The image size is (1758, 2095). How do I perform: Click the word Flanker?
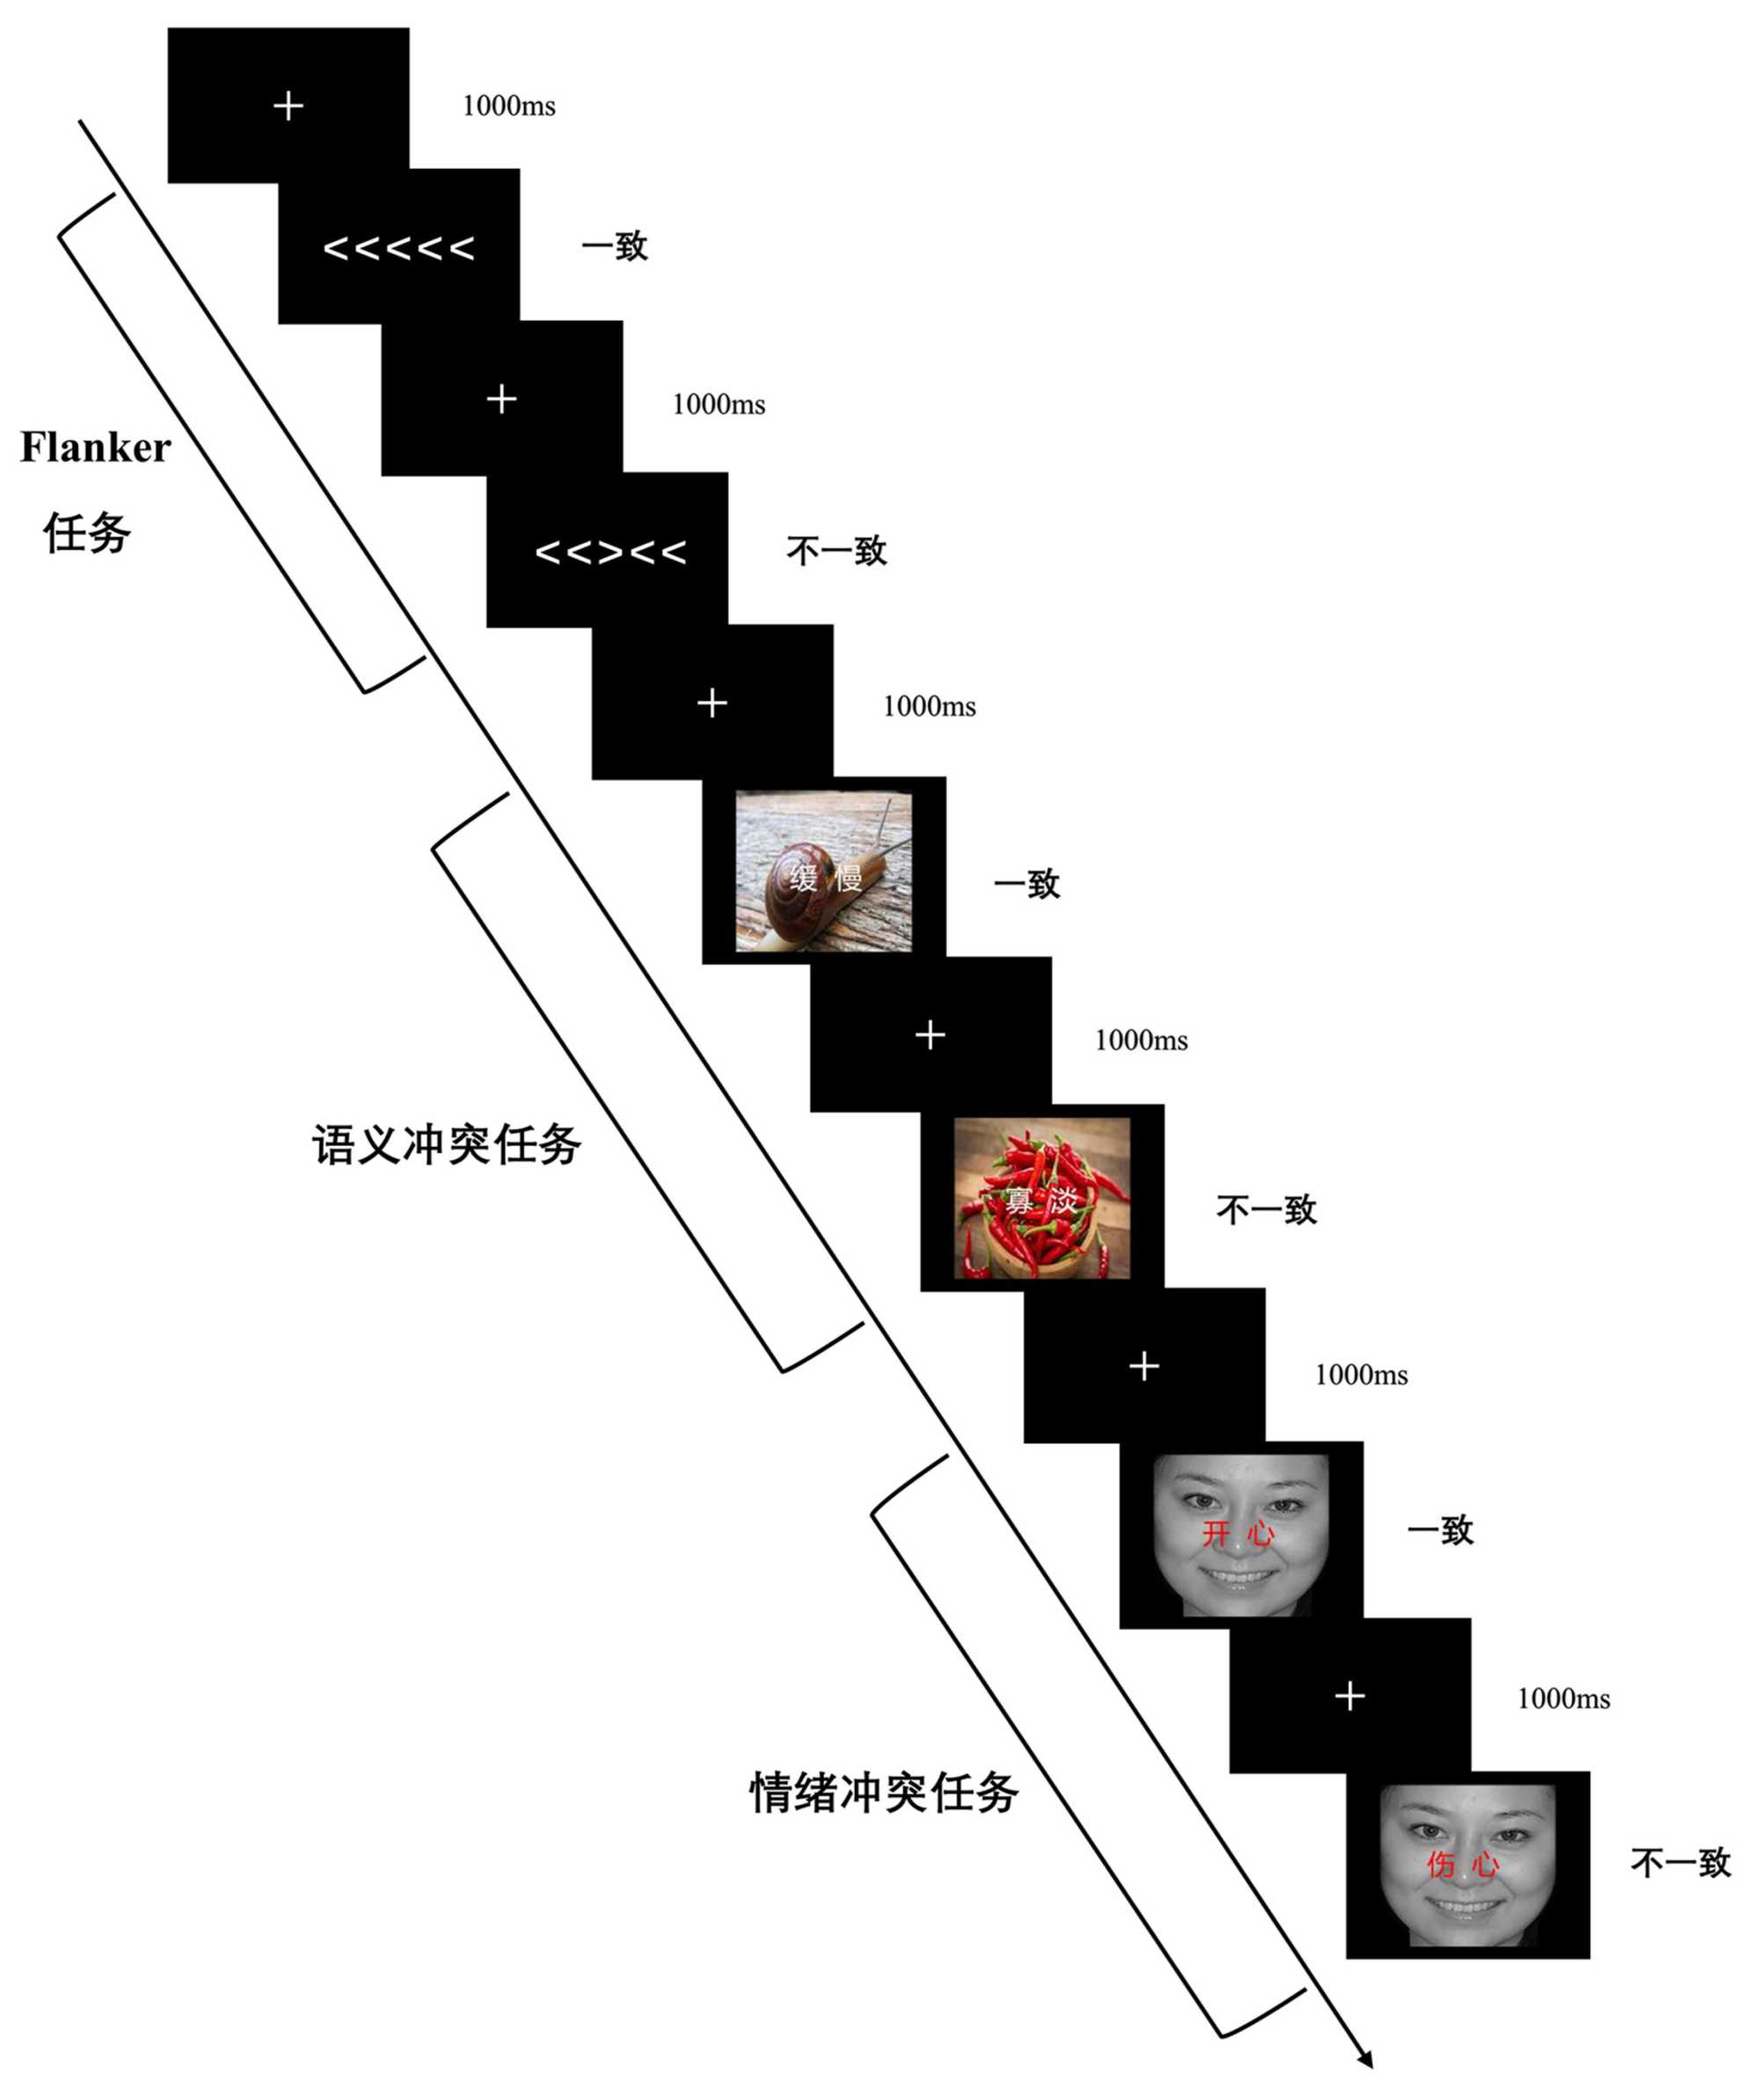[x=96, y=448]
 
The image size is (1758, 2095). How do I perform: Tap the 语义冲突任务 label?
[x=446, y=1144]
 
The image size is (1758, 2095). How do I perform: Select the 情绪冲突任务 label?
[x=883, y=1792]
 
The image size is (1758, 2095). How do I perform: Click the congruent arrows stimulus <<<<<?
[x=399, y=247]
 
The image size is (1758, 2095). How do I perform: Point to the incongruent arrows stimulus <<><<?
[x=610, y=551]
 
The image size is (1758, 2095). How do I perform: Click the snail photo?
[x=823, y=871]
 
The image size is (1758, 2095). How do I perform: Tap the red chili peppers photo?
[x=1041, y=1198]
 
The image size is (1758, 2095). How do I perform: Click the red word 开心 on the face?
[x=1238, y=1533]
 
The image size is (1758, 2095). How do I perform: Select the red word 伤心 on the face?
[x=1463, y=1865]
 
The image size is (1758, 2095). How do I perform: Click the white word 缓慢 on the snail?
[x=825, y=879]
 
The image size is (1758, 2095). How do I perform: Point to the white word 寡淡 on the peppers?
[x=1040, y=1201]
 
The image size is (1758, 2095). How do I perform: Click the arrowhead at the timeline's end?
[x=1366, y=2059]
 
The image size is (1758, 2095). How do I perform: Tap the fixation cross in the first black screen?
[x=288, y=106]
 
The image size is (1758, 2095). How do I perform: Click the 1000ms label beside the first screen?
[x=509, y=106]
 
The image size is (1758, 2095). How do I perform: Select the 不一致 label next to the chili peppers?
[x=1266, y=1210]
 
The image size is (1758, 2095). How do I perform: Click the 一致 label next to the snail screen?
[x=1026, y=883]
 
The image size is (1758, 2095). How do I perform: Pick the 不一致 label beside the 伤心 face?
[x=1681, y=1863]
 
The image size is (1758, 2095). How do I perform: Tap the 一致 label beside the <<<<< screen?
[x=615, y=246]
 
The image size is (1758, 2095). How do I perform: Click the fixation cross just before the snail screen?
[x=711, y=704]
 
